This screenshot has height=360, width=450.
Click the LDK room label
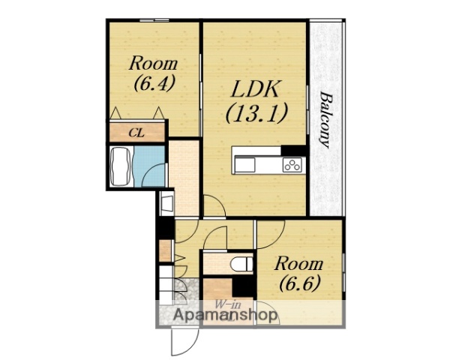pyautogui.click(x=255, y=89)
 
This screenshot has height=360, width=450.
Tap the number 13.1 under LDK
pyautogui.click(x=256, y=113)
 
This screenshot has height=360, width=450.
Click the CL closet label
pyautogui.click(x=136, y=133)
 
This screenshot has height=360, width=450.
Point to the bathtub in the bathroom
pyautogui.click(x=121, y=166)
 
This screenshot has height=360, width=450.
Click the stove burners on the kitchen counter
pyautogui.click(x=292, y=165)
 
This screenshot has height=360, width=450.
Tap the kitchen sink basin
pyautogui.click(x=244, y=165)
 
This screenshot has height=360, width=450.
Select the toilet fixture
pyautogui.click(x=241, y=264)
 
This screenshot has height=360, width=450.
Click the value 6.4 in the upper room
pyautogui.click(x=154, y=83)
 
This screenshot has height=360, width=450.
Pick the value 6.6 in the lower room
pyautogui.click(x=299, y=283)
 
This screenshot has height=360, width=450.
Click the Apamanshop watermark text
pyautogui.click(x=225, y=315)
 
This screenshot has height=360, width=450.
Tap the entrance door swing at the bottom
pyautogui.click(x=184, y=342)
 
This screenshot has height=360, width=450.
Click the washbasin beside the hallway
pyautogui.click(x=166, y=203)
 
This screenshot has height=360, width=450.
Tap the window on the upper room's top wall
pyautogui.click(x=154, y=20)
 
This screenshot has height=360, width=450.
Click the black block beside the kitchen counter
pyautogui.click(x=293, y=151)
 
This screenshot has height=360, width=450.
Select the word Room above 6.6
pyautogui.click(x=298, y=264)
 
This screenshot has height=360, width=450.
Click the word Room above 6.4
pyautogui.click(x=153, y=64)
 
